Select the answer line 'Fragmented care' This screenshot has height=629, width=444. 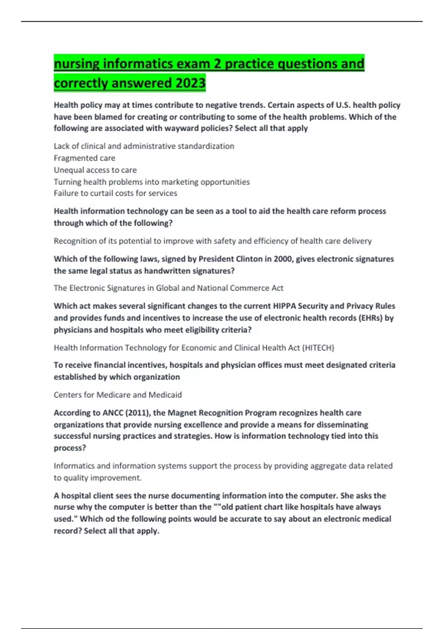(84, 158)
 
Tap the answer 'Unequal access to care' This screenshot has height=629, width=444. (95, 170)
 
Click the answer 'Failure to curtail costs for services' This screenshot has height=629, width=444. (115, 193)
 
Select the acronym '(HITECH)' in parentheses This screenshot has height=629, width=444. (318, 348)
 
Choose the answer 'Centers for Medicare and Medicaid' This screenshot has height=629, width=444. (118, 395)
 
